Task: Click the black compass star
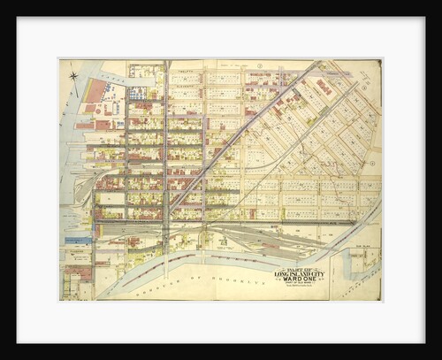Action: click(x=74, y=77)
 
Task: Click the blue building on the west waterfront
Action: click(x=78, y=239)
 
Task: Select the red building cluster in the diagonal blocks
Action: click(x=324, y=88)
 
